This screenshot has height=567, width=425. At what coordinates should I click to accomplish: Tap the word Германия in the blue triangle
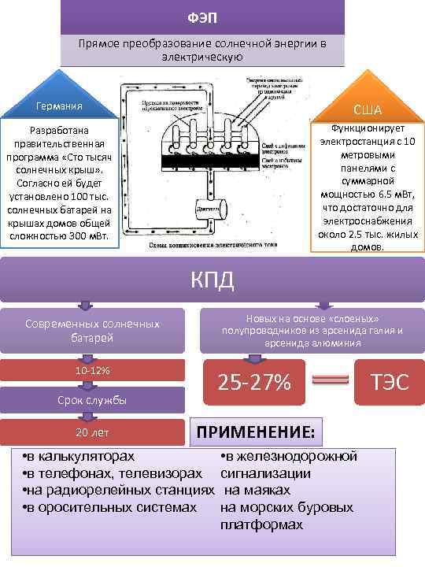tap(59, 106)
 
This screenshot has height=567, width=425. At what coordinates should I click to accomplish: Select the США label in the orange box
tap(367, 109)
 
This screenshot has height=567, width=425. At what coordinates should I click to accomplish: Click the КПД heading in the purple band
tap(212, 279)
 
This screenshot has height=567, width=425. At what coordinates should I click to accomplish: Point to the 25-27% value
tap(254, 382)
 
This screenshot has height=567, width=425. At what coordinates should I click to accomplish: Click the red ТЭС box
tap(390, 382)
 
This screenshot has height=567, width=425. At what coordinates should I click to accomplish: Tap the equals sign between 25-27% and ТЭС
tap(325, 382)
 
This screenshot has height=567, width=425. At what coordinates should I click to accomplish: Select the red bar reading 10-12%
tap(92, 370)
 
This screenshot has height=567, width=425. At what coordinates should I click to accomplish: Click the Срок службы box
tap(92, 401)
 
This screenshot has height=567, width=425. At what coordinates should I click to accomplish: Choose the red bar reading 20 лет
tap(92, 432)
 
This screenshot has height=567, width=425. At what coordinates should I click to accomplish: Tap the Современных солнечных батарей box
tap(92, 330)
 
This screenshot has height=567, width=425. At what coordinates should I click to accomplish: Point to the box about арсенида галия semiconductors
tap(312, 330)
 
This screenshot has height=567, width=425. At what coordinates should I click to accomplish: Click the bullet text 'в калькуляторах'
tap(79, 456)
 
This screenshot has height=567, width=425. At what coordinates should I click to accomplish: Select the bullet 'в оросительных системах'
tap(110, 506)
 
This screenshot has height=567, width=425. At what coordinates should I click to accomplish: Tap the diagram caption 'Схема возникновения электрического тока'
tap(213, 246)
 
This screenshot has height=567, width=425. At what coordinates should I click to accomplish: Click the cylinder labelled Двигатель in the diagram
tap(208, 211)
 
